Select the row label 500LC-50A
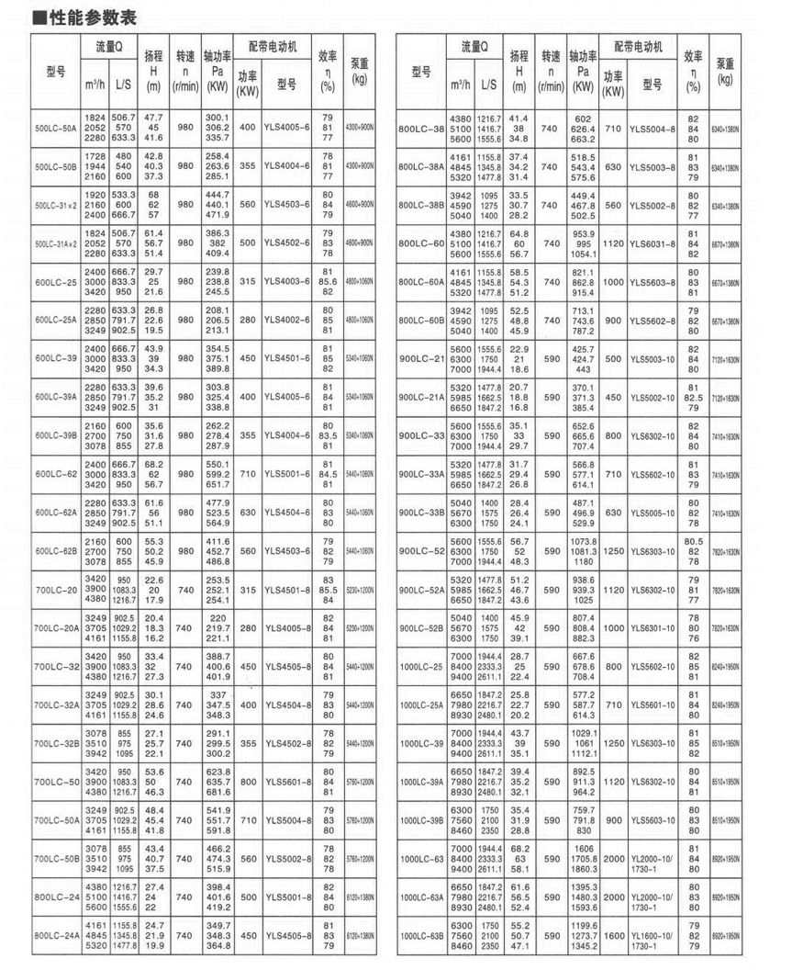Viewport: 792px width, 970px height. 55,129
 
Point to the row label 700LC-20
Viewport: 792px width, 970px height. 55,590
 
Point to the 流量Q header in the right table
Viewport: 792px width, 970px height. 474,46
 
